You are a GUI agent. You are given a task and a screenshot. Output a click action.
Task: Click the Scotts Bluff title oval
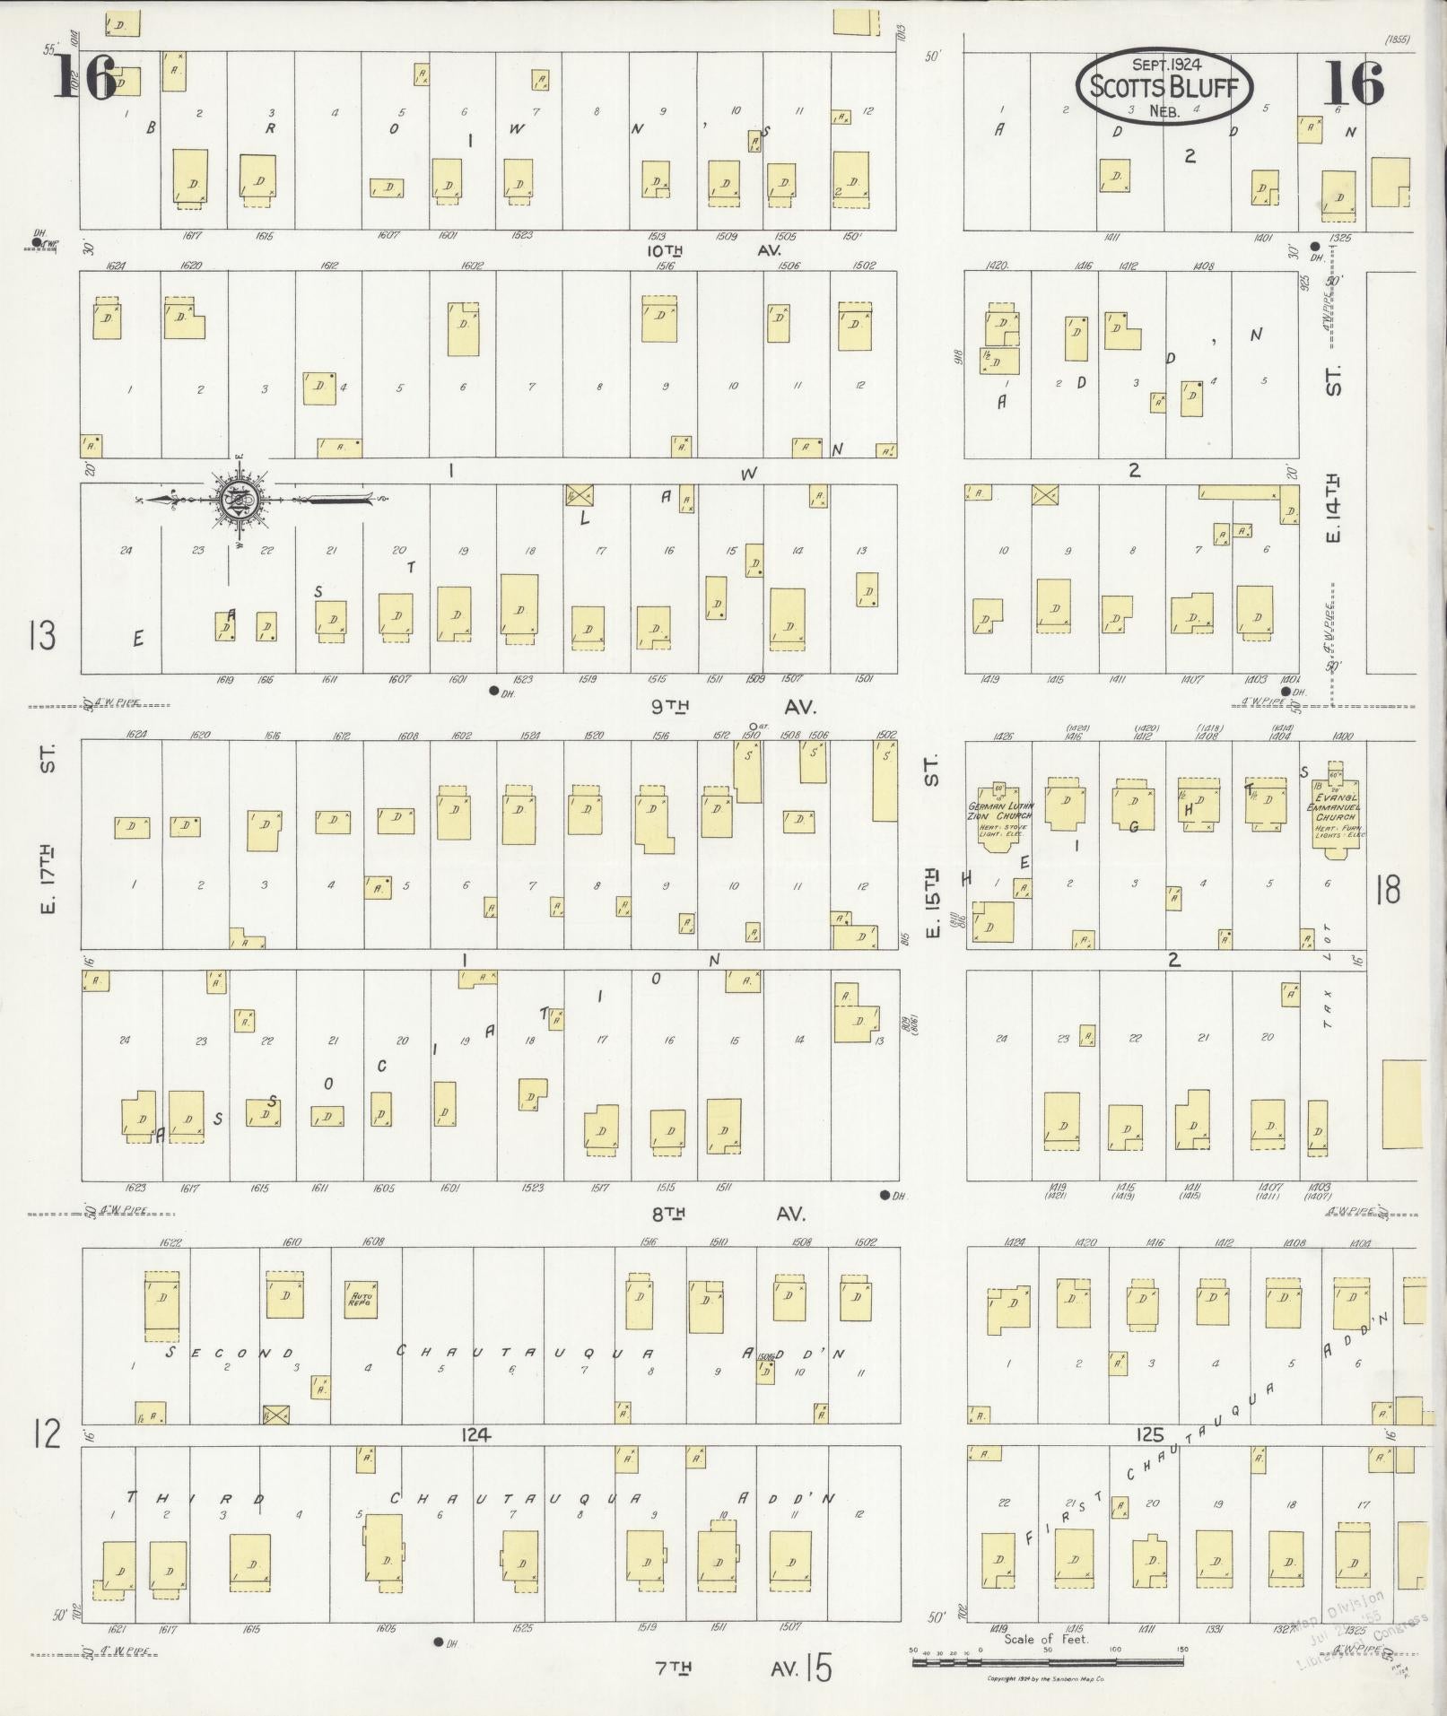pos(1164,87)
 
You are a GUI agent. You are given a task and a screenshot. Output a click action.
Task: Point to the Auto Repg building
pos(362,1298)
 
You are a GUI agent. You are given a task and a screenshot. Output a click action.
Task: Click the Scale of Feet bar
pos(1047,1662)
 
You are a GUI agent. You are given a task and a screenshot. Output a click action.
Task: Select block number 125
pos(1149,1435)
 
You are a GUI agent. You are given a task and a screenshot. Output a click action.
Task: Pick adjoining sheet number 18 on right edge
pos(1387,891)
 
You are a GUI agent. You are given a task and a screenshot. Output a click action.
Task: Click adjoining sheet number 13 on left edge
pos(42,635)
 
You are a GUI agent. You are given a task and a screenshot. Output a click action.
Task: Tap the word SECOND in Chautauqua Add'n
pos(231,1353)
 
